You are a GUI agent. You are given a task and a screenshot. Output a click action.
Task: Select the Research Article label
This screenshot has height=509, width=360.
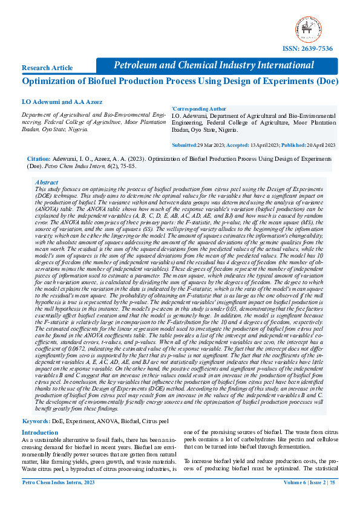point(48,68)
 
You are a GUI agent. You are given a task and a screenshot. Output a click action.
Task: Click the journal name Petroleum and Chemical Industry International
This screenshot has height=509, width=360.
point(214,65)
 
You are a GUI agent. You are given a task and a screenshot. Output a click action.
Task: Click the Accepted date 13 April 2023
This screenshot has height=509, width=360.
point(269,146)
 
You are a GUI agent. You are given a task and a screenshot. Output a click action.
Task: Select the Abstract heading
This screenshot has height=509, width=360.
point(47,182)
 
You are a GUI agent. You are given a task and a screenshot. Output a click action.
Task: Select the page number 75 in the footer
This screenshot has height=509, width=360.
point(333,499)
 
